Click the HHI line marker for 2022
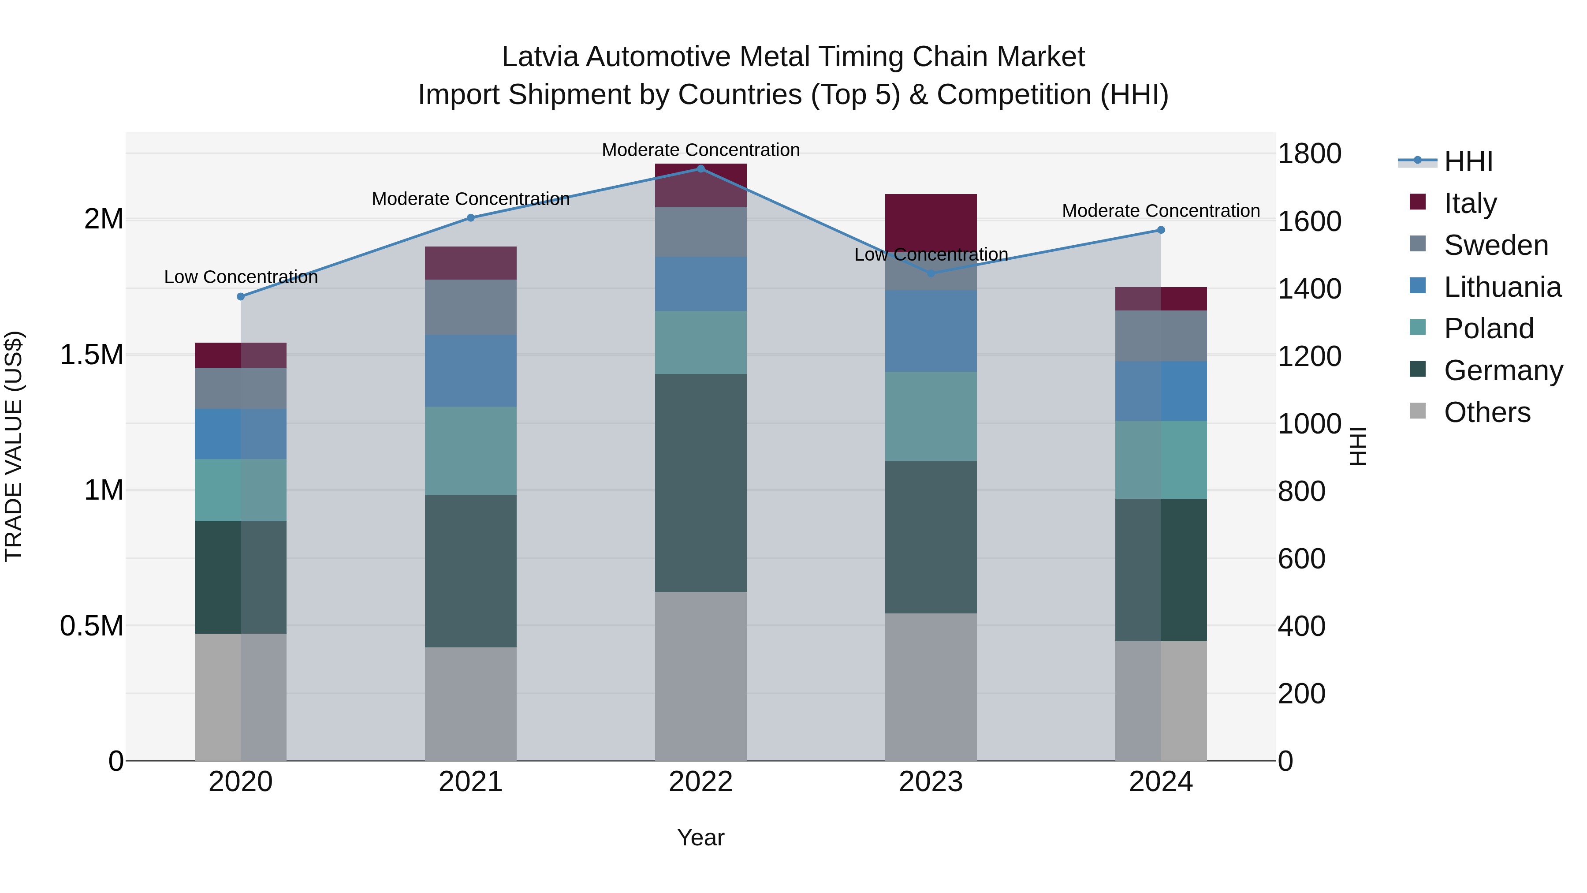[x=700, y=168]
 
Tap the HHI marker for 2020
[x=241, y=296]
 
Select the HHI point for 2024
[x=1161, y=230]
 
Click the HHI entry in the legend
[x=1468, y=161]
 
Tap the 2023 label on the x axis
[x=930, y=781]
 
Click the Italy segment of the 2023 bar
[x=930, y=222]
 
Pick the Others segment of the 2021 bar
[x=471, y=703]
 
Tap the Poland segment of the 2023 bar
[x=930, y=416]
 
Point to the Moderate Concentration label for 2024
[x=1161, y=211]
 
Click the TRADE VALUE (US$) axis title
[x=14, y=446]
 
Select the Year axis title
[x=700, y=837]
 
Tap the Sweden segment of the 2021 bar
[x=471, y=307]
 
